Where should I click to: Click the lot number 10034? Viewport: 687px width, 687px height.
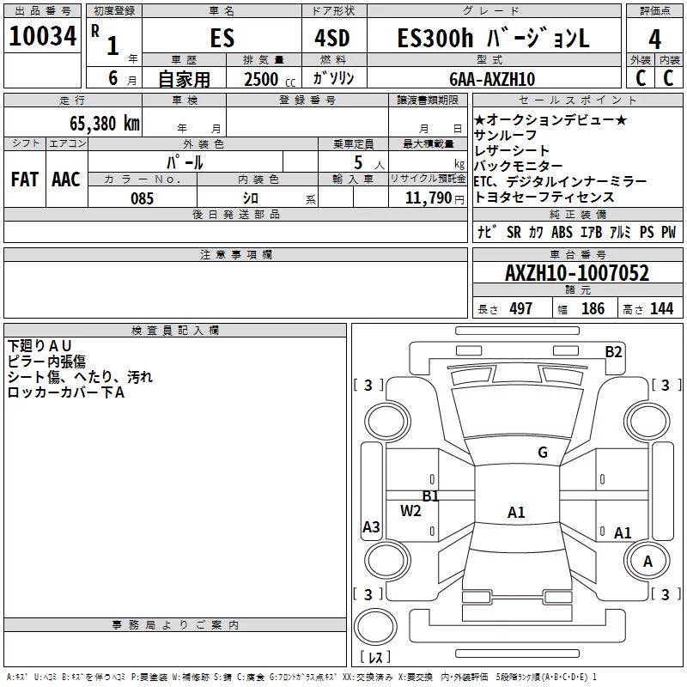click(42, 36)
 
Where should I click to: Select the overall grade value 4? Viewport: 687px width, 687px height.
click(654, 40)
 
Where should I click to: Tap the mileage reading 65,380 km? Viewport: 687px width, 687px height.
click(105, 124)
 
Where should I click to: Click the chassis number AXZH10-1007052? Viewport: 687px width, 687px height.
click(577, 273)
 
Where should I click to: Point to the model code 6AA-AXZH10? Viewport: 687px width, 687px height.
click(492, 79)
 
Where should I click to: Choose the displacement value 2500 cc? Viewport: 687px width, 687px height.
click(270, 79)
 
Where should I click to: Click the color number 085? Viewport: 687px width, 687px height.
click(143, 198)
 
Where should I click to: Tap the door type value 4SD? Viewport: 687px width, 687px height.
click(332, 38)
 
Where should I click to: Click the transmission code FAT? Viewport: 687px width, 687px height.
click(25, 179)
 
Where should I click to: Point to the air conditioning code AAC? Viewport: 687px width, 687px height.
click(66, 179)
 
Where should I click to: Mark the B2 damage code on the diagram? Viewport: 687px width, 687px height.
click(613, 352)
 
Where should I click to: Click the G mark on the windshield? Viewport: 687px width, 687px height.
click(543, 453)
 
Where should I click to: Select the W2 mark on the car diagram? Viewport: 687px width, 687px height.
click(410, 511)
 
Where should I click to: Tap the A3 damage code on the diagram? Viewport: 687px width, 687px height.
click(371, 526)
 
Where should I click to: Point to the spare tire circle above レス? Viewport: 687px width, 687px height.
click(375, 627)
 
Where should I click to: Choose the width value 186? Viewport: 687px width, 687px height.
click(593, 308)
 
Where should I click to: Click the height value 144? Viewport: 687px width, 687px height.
click(661, 308)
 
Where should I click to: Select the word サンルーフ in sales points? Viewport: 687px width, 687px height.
click(505, 136)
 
